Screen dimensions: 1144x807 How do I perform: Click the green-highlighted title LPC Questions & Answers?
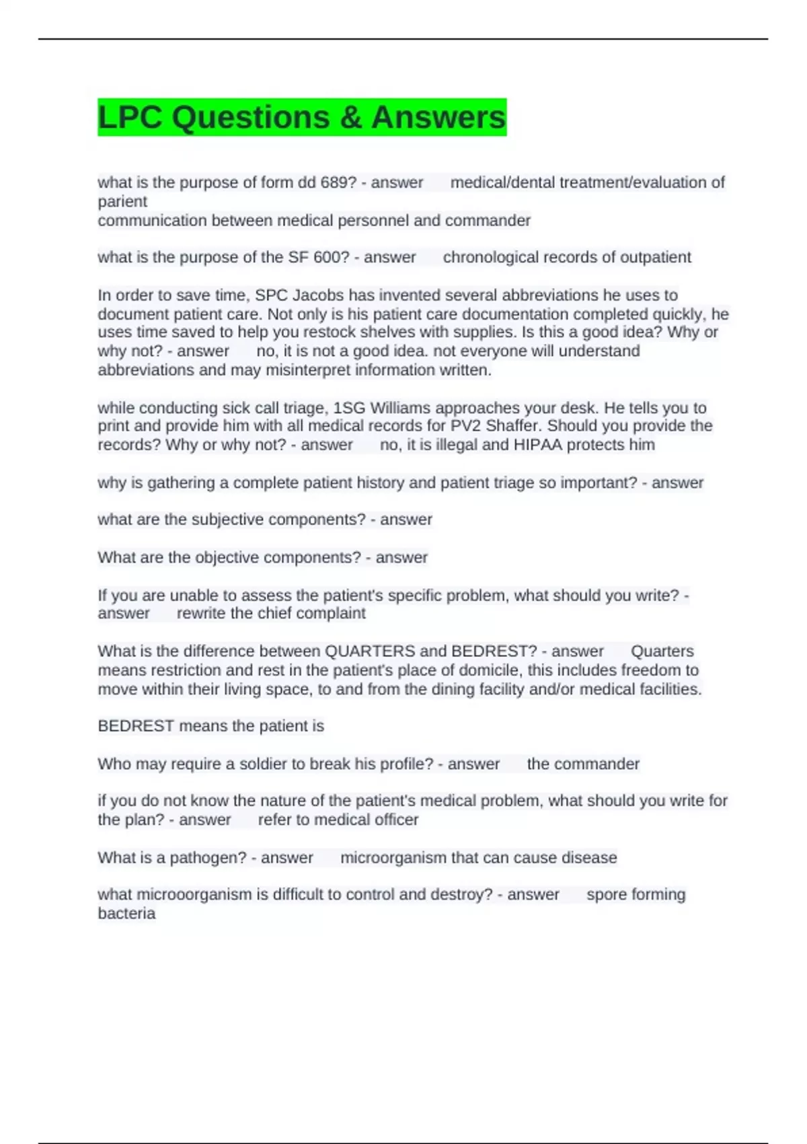click(x=301, y=117)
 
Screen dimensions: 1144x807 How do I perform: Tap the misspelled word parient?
click(x=122, y=201)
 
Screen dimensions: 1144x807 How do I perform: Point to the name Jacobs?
click(x=319, y=295)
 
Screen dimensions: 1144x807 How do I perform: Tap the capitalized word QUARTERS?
click(x=370, y=651)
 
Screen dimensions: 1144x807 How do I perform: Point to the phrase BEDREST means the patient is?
click(x=210, y=726)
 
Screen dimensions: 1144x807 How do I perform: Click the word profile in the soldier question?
click(x=406, y=764)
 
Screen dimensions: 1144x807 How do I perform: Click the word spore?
click(x=605, y=894)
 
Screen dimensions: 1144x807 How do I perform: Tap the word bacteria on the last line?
click(x=126, y=913)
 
